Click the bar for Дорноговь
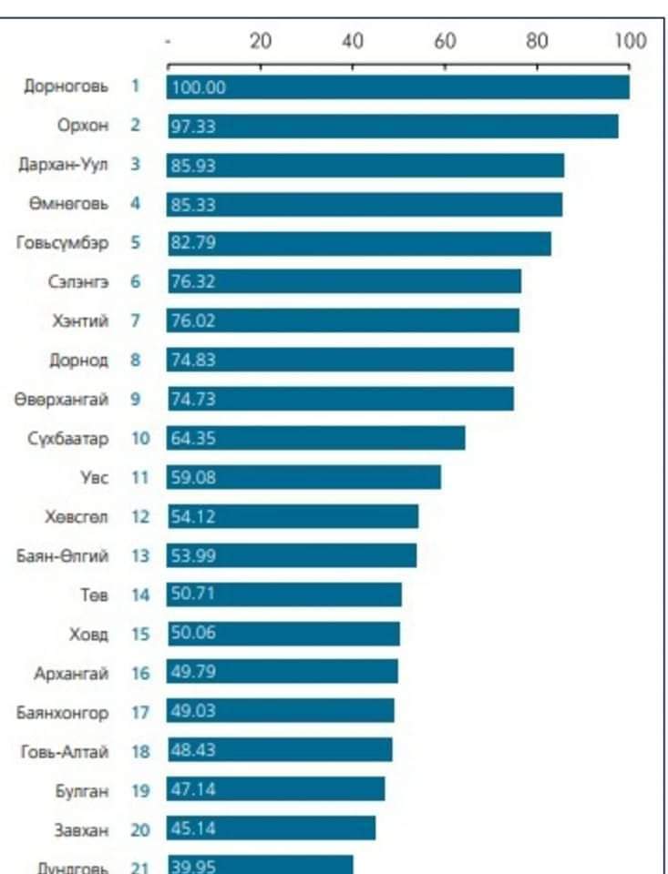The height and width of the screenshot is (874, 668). tap(398, 87)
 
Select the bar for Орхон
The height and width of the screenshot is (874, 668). tap(393, 127)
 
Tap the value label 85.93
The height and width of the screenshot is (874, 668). tap(193, 166)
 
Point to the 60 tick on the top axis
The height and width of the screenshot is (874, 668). tap(445, 41)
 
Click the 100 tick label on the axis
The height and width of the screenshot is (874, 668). tap(630, 41)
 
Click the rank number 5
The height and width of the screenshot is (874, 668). tap(135, 243)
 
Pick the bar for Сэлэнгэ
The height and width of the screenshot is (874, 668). tap(344, 282)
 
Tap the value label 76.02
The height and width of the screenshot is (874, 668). tap(193, 321)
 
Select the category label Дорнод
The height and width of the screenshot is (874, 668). tap(78, 361)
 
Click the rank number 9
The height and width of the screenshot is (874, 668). tap(135, 399)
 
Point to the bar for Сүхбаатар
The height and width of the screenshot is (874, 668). tap(316, 438)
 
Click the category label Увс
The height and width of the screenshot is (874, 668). tap(94, 477)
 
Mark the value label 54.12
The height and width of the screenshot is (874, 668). tap(193, 516)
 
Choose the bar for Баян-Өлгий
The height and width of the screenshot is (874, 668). tap(292, 555)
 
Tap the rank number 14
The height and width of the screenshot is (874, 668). tap(139, 595)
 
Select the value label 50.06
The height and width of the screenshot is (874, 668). tap(193, 633)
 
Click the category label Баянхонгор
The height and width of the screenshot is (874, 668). tap(63, 712)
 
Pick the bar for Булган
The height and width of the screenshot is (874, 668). tap(275, 789)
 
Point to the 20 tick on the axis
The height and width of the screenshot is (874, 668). tap(261, 41)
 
